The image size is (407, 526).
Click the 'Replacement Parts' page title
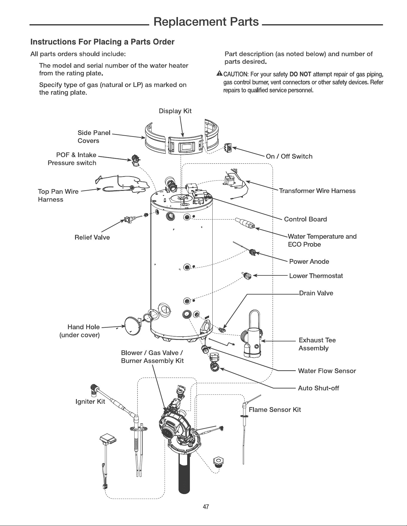206,22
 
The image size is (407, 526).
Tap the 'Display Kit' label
175,111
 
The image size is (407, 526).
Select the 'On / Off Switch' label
289,156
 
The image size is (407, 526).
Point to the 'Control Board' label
305,219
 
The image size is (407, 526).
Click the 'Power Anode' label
309,262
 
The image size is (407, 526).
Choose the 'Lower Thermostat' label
316,276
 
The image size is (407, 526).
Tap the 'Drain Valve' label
316,293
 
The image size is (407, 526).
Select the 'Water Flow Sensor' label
327,371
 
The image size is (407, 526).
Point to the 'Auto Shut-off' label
318,388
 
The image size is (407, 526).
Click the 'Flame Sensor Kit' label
275,410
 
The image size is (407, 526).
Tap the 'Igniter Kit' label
90,401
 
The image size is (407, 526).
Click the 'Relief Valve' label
92,237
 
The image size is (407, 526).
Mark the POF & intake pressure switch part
136,160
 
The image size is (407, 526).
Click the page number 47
206,507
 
